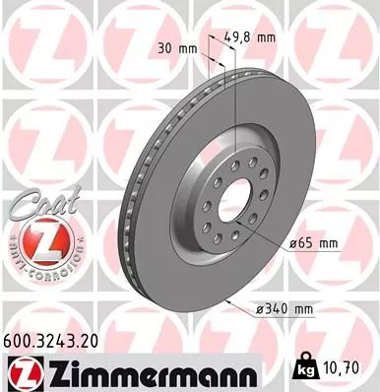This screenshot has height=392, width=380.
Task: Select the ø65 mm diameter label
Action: [x=313, y=241]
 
